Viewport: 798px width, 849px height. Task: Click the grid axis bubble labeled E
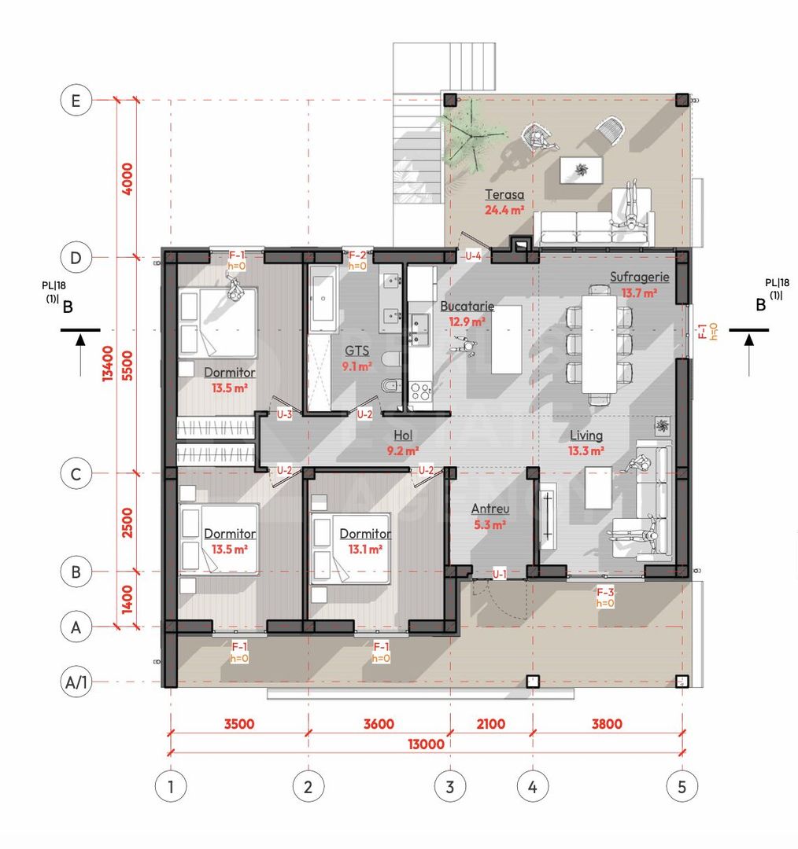tap(76, 100)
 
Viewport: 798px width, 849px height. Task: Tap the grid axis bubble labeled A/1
tap(76, 682)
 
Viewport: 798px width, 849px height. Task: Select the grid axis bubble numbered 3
tap(450, 786)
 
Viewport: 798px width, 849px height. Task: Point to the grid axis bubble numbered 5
tap(682, 786)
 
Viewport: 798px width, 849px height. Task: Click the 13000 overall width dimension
tap(426, 744)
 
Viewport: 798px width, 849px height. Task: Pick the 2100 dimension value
tap(490, 724)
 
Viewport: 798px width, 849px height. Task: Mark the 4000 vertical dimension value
tap(127, 178)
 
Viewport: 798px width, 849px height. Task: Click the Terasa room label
tap(504, 194)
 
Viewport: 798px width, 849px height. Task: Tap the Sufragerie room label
tap(639, 277)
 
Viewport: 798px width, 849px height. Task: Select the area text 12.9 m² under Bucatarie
tap(467, 322)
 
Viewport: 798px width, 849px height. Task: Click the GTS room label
tap(357, 351)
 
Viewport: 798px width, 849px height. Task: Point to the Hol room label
tap(403, 436)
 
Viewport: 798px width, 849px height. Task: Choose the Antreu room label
tap(490, 509)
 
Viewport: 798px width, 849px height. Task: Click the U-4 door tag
tap(473, 255)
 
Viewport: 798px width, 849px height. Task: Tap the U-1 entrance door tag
tap(499, 574)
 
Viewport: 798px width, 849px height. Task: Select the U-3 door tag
tap(284, 415)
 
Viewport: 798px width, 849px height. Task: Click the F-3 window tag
tap(605, 593)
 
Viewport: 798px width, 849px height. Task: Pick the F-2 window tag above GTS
tap(357, 255)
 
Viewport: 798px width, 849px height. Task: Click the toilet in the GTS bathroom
tap(392, 358)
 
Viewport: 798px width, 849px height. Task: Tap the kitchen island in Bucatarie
tap(506, 340)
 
